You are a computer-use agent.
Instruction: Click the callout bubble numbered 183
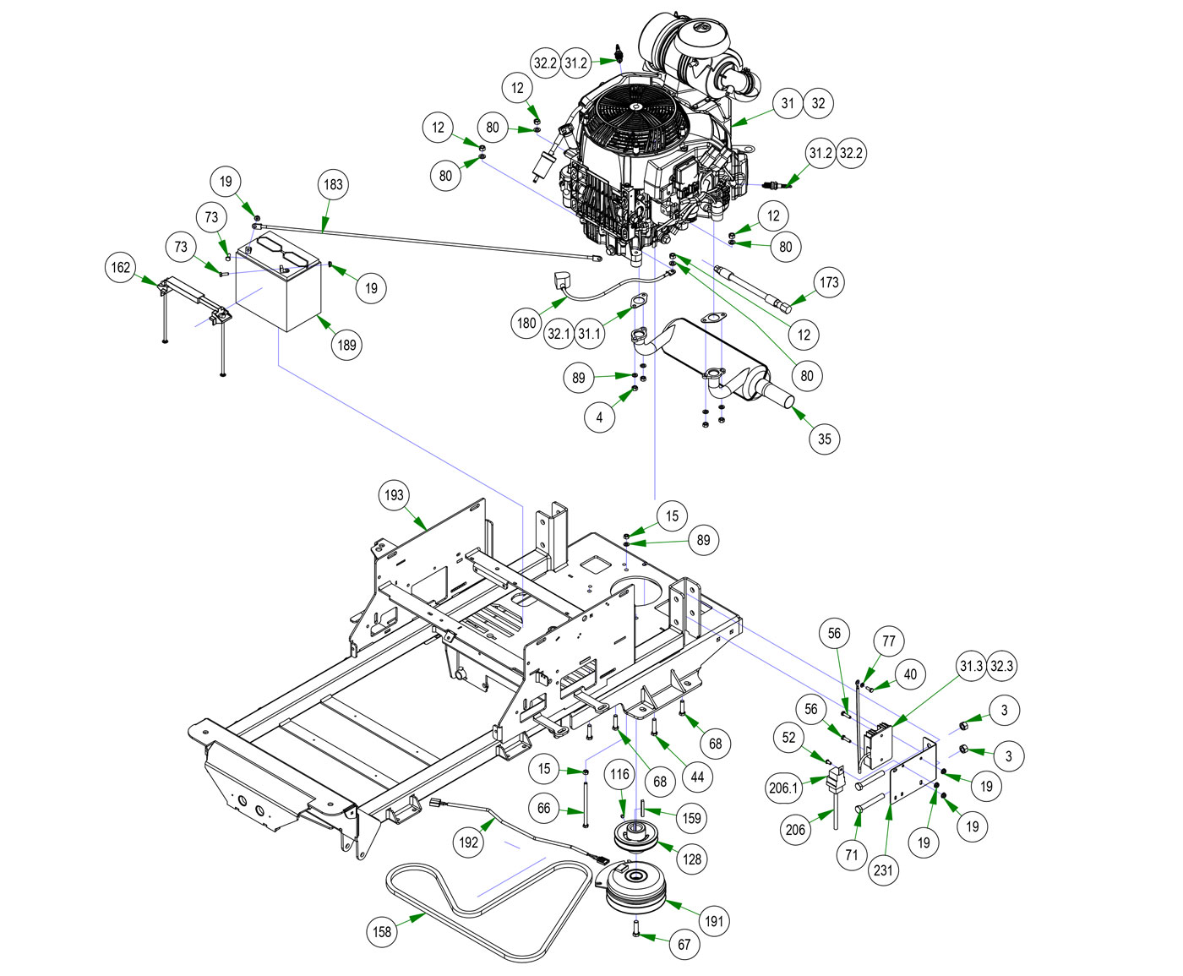333,184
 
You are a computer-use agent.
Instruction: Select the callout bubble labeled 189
346,345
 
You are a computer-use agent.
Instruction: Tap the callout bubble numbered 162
121,268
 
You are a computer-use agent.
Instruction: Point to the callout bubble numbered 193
394,495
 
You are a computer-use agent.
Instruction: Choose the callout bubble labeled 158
382,931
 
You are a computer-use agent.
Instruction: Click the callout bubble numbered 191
715,921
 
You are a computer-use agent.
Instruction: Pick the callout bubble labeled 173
829,282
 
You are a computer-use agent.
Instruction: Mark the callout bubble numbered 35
824,439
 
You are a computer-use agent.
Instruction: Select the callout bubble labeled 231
883,870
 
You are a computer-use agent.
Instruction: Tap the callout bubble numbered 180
526,323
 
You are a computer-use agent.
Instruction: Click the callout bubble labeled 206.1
783,788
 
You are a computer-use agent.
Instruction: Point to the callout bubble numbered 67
684,944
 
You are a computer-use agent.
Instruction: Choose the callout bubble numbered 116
619,774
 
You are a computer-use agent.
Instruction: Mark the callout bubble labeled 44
697,776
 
